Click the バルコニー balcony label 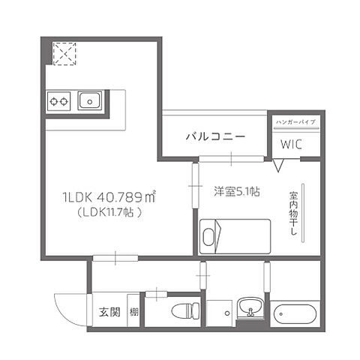[x=214, y=137]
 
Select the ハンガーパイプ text [x=295, y=121]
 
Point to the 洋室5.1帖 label [x=237, y=192]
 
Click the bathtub [x=298, y=313]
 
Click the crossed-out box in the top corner [x=64, y=53]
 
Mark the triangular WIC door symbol [x=278, y=165]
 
